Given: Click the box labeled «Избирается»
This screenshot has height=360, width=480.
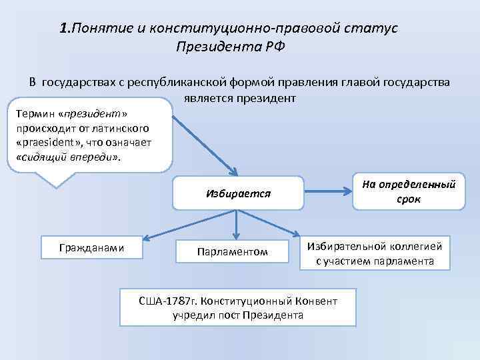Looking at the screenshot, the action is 237,193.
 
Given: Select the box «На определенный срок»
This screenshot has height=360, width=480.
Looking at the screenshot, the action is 409,191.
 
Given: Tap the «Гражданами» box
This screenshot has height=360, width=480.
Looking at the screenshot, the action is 92,248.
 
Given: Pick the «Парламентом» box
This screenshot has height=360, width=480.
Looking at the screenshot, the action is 232,251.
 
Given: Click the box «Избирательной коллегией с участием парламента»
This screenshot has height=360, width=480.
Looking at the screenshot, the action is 375,253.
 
